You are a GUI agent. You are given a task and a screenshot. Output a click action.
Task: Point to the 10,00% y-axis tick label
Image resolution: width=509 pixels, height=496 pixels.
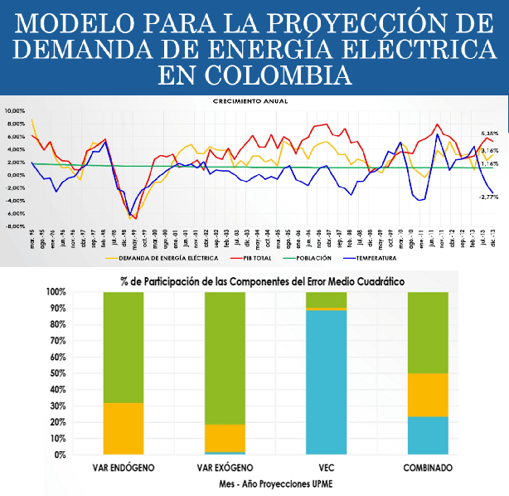click(x=15, y=111)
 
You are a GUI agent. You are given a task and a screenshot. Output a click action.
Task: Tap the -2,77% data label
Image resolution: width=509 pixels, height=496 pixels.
click(x=488, y=197)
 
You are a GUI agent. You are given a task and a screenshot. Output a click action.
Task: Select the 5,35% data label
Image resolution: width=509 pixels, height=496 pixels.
click(x=489, y=134)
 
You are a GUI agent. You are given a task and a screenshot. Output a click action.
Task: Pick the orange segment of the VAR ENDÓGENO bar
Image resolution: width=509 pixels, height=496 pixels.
click(x=124, y=428)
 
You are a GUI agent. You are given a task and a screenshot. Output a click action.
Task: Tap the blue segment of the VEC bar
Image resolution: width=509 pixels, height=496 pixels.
click(x=326, y=382)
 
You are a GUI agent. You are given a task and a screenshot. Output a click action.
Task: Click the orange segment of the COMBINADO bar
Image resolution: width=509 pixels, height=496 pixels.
click(x=428, y=395)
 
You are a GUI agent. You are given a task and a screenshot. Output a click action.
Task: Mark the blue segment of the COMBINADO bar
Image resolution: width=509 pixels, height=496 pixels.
click(x=428, y=435)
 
